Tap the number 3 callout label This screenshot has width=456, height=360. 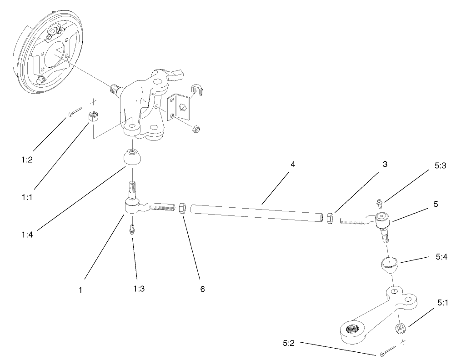[x=385, y=164]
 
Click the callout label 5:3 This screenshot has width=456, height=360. [x=440, y=166]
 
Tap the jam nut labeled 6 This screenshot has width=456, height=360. [x=181, y=209]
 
